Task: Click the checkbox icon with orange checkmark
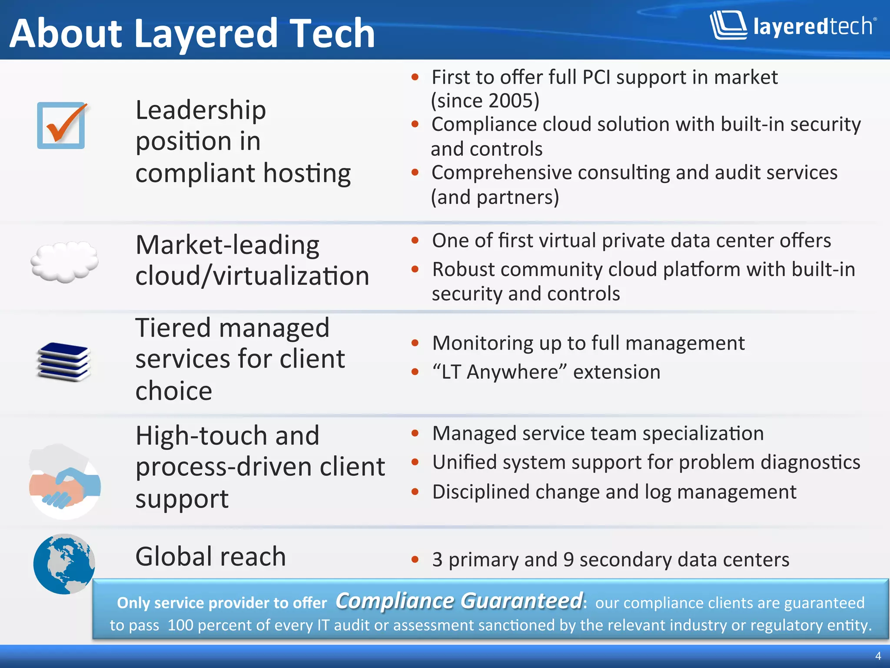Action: (x=61, y=125)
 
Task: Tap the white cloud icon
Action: (x=64, y=262)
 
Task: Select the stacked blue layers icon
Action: (x=64, y=362)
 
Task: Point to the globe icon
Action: (x=64, y=564)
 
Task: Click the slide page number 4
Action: (x=878, y=656)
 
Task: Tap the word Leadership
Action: (x=201, y=110)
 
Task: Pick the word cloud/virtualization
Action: (x=252, y=276)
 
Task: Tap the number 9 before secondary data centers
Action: (x=568, y=560)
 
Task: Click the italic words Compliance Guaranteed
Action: (x=459, y=601)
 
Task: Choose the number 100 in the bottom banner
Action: (x=180, y=625)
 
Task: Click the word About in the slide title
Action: (x=66, y=33)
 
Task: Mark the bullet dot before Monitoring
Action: (x=415, y=343)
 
